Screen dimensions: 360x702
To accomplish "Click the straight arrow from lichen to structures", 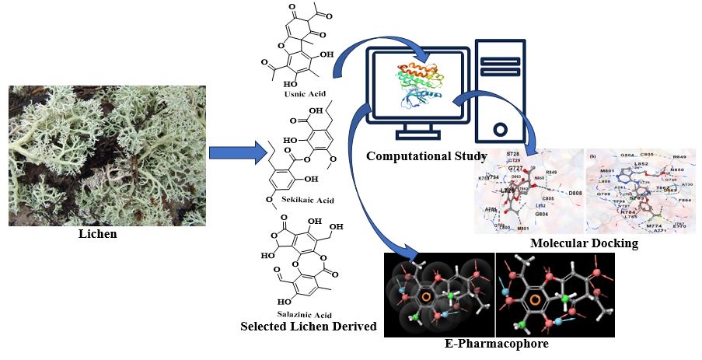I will (237, 149).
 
